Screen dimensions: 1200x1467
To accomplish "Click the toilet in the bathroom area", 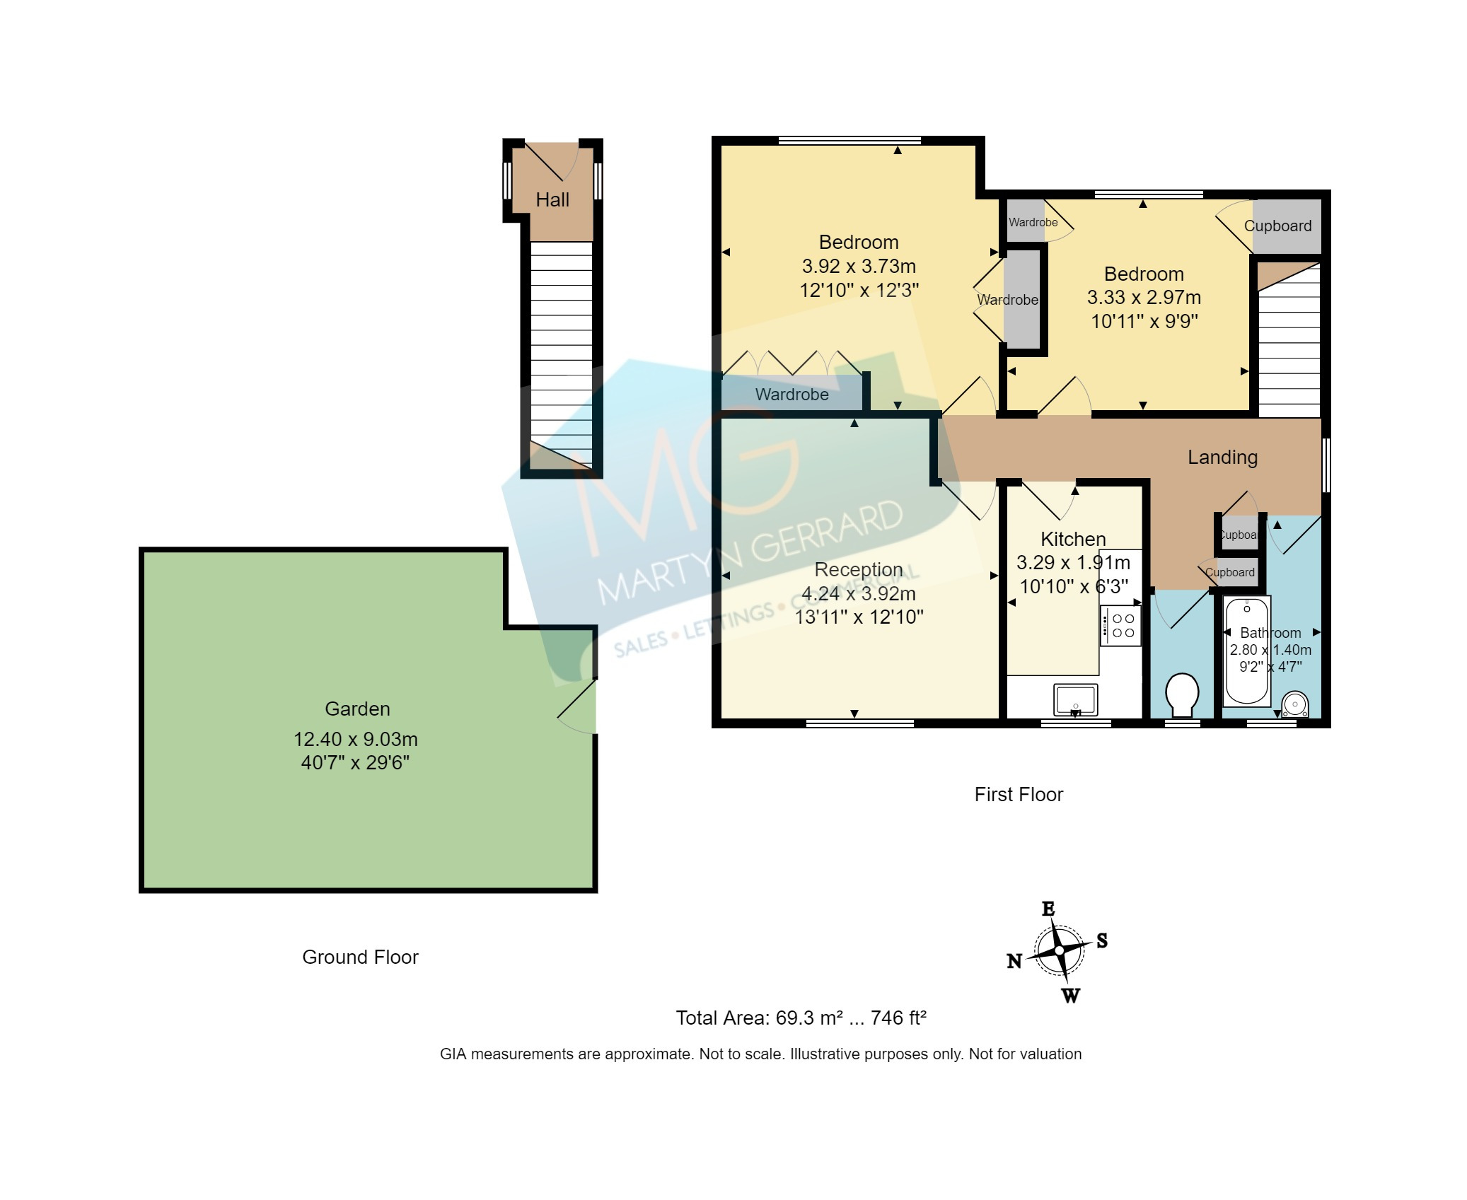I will click(1181, 695).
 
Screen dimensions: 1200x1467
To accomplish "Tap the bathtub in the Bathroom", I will click(1246, 651).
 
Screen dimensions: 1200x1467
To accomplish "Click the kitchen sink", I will click(1075, 699).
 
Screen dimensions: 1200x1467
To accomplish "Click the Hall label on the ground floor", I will click(552, 200).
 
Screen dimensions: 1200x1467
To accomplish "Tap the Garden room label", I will click(357, 709).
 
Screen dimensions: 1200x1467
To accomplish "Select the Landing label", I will click(1222, 458).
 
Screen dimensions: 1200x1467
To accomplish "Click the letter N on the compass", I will click(1014, 961).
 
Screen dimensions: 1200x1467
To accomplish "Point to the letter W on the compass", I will click(1071, 996).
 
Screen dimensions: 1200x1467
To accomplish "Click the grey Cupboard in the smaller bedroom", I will click(1286, 226).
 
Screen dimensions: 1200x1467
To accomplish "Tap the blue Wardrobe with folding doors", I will click(792, 395).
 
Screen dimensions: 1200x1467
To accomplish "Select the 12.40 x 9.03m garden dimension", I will click(356, 740).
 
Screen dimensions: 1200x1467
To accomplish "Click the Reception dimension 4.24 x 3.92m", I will click(859, 594).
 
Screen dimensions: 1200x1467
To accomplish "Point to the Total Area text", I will click(801, 1018).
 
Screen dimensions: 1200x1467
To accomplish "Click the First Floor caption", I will click(1019, 795).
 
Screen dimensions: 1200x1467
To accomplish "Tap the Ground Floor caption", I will click(360, 957).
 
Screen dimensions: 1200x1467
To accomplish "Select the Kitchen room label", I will click(1073, 540).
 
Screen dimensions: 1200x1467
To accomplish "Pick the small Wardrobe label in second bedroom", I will click(1033, 222).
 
